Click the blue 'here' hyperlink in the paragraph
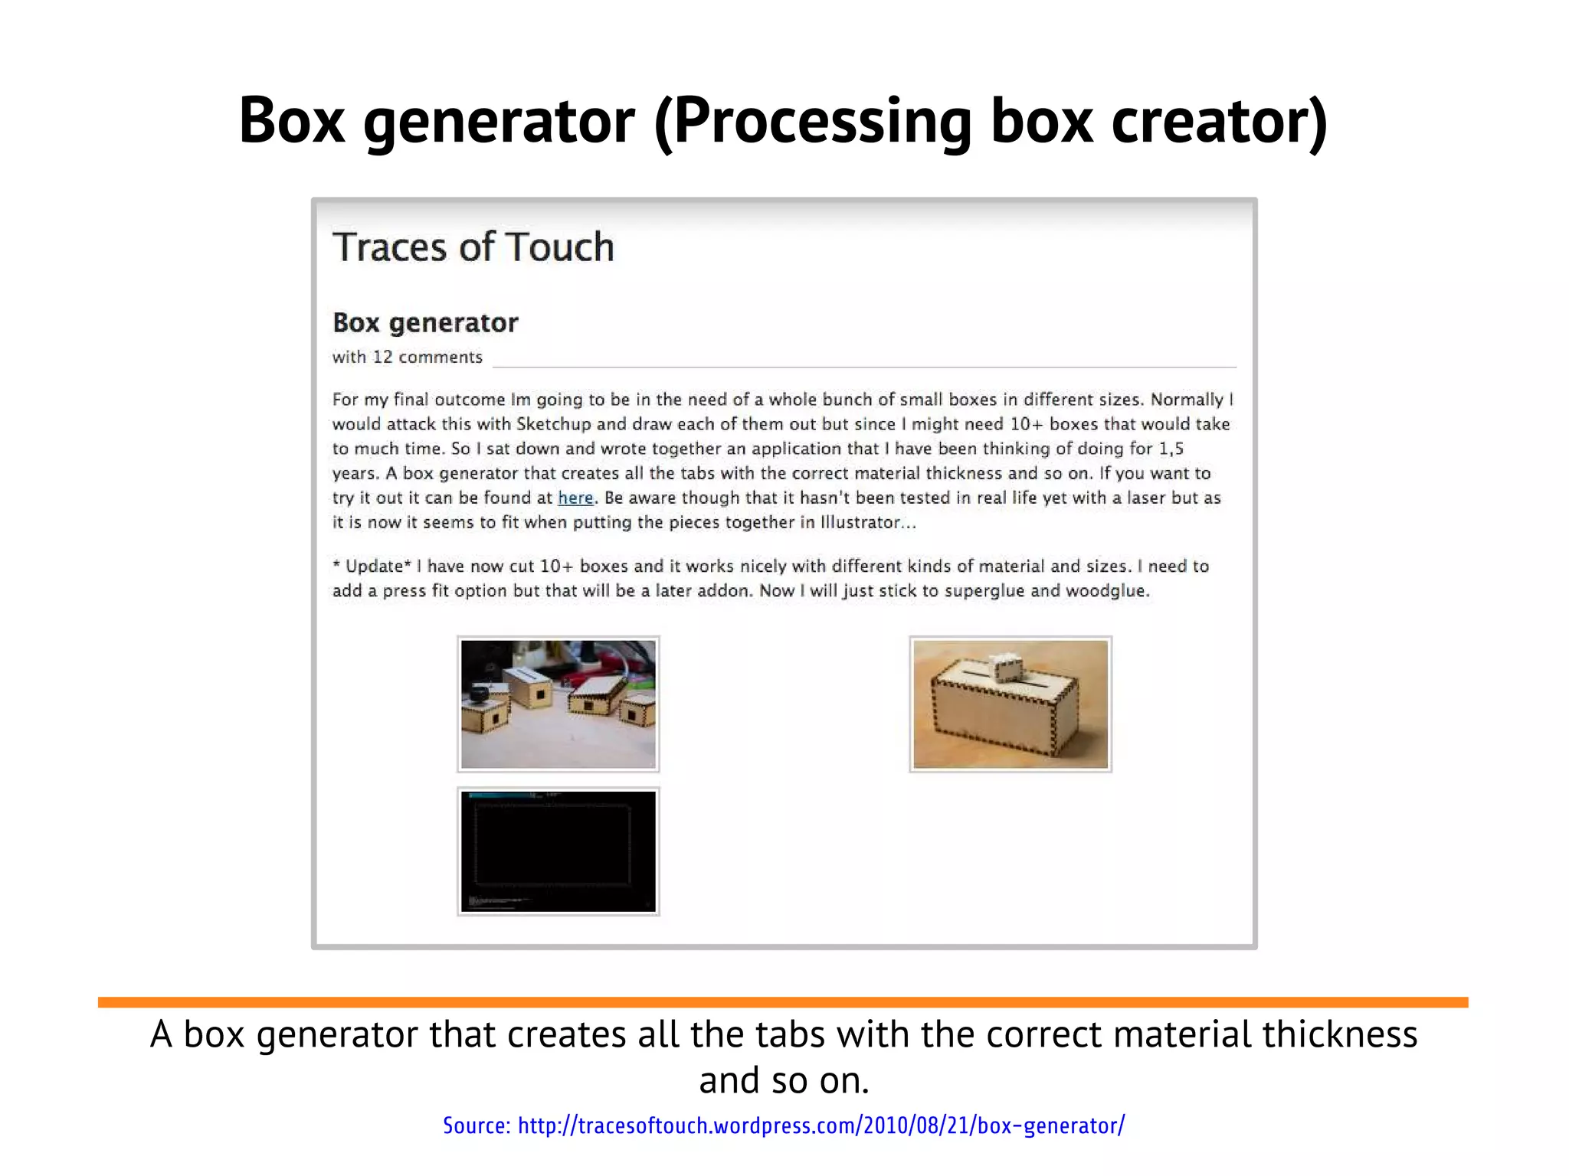[x=575, y=498]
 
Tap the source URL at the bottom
[x=784, y=1125]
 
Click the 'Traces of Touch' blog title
[x=473, y=247]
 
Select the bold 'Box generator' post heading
[x=425, y=323]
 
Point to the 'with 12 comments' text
[x=407, y=358]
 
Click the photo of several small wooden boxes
[x=558, y=704]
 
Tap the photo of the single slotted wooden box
[x=1011, y=704]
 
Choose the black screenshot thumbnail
[x=558, y=851]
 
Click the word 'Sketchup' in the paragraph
[x=553, y=425]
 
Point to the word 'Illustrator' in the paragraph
[x=860, y=523]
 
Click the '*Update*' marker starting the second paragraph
[x=372, y=567]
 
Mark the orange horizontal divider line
[x=783, y=1002]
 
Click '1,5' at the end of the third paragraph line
[x=1171, y=449]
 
